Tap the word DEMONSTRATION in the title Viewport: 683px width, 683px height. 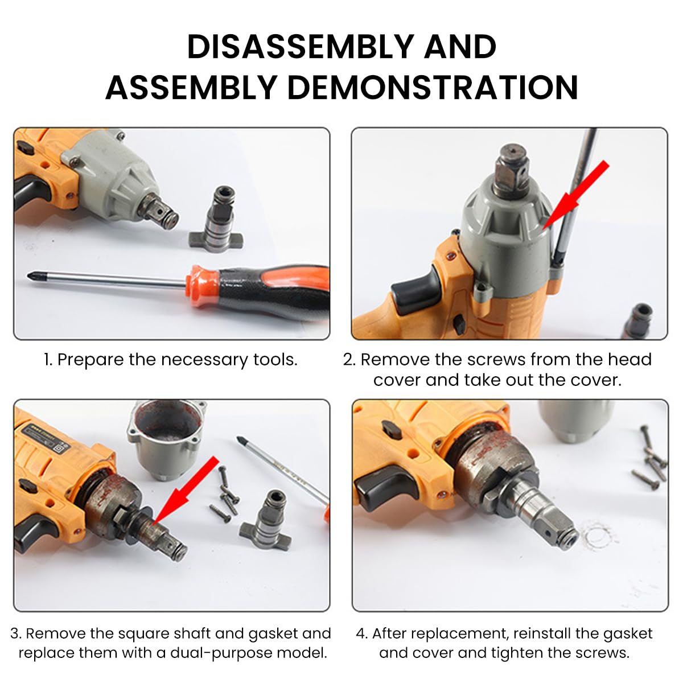coord(432,88)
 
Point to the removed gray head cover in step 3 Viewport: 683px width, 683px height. coord(166,438)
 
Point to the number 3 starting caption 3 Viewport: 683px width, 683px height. coord(15,633)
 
